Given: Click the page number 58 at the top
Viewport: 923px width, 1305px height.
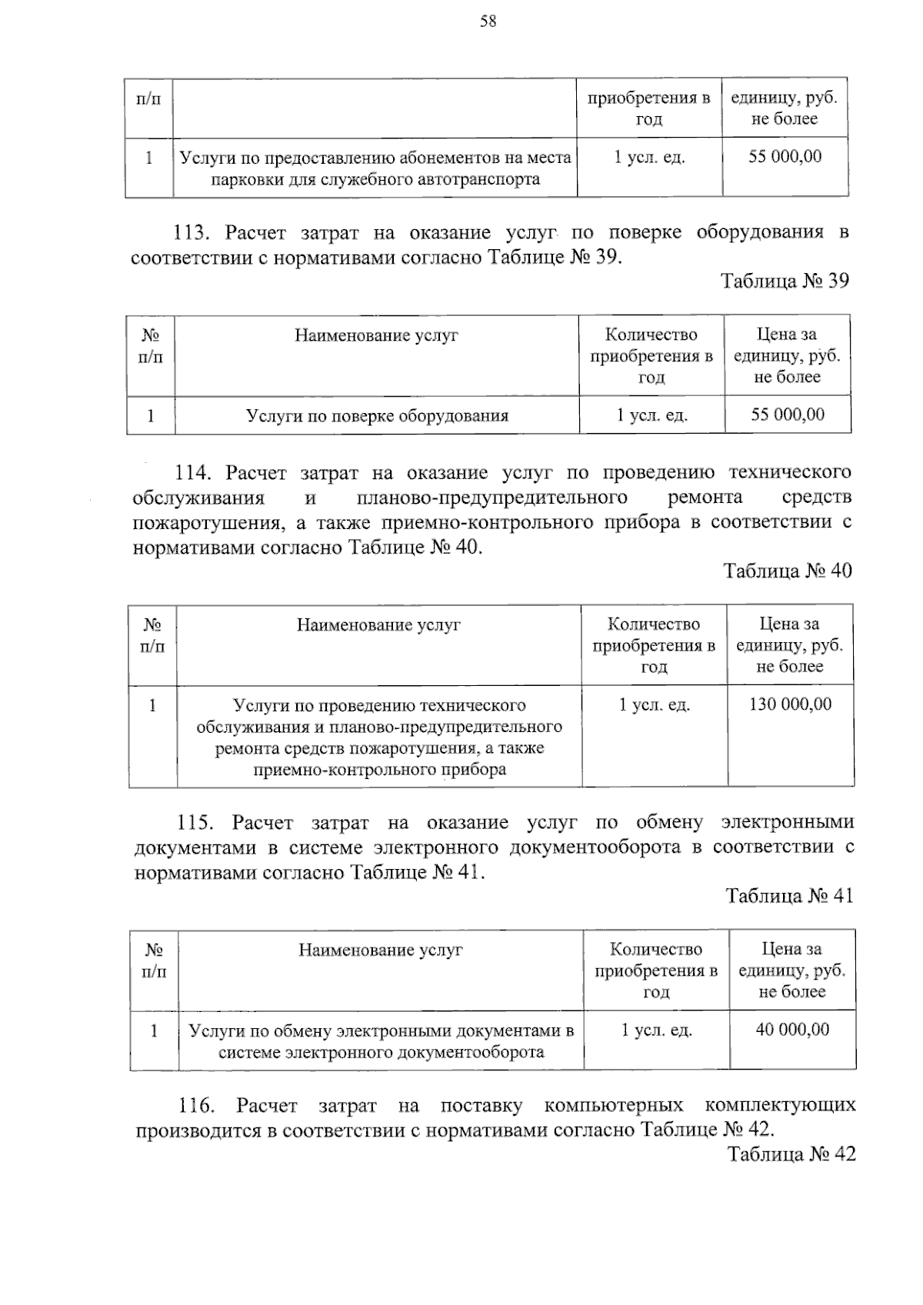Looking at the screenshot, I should (x=488, y=22).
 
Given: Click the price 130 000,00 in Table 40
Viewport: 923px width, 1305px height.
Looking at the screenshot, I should (x=790, y=704).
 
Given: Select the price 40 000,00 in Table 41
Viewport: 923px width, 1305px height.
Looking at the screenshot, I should (x=792, y=1030).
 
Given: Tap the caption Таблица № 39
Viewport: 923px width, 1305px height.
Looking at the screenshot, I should (x=785, y=281).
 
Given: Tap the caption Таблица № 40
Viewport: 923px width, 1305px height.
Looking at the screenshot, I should (x=787, y=571).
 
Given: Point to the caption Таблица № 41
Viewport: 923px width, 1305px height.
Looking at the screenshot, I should (x=789, y=897).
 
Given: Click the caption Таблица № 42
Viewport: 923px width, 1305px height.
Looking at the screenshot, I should (x=791, y=1155).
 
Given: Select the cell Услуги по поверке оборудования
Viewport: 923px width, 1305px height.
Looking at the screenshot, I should (x=377, y=416).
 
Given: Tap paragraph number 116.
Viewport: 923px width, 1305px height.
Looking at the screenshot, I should (x=196, y=1107).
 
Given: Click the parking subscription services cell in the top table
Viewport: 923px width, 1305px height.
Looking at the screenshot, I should (x=375, y=168).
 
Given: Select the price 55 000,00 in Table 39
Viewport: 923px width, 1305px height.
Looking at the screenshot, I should (x=788, y=415).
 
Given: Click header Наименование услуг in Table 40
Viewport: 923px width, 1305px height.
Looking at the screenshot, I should (x=378, y=625).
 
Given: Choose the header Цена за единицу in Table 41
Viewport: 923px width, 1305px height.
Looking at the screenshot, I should (x=791, y=970).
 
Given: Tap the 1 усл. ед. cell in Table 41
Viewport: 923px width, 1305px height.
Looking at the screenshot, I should (x=656, y=1030).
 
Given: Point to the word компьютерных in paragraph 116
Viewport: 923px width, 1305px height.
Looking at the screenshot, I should (x=613, y=1107).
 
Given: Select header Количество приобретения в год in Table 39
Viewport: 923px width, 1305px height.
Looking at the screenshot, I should (x=651, y=356).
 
